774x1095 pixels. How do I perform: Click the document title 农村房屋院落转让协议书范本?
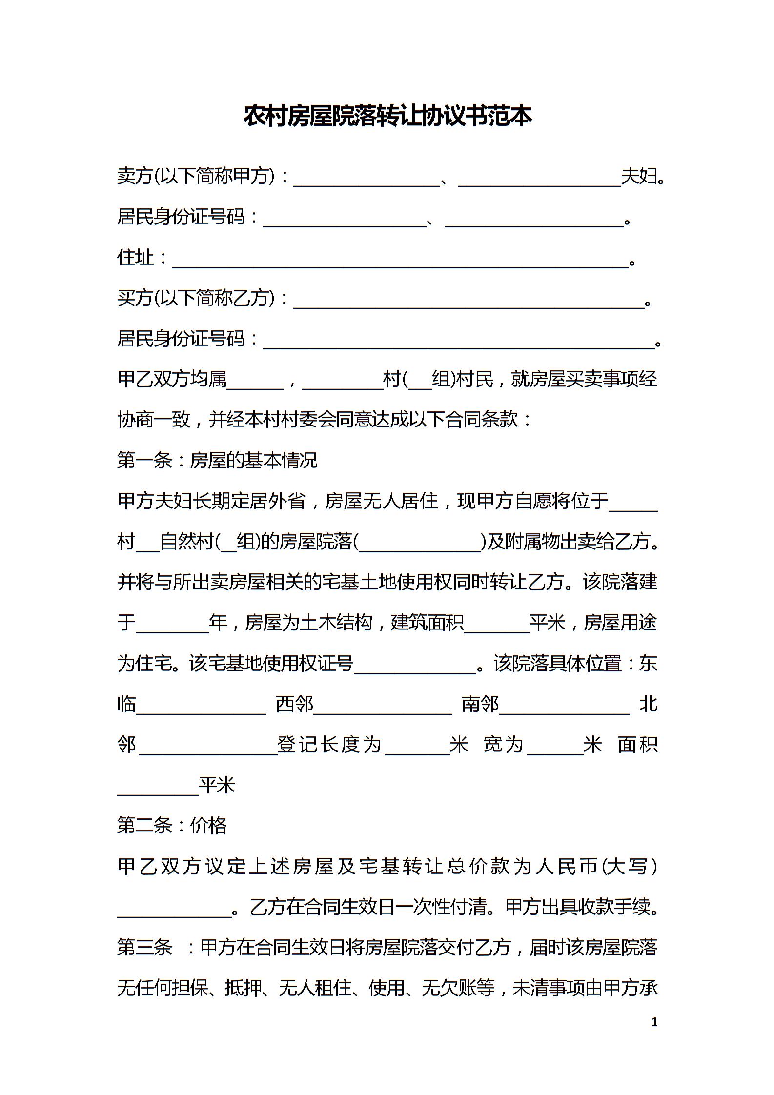tap(387, 116)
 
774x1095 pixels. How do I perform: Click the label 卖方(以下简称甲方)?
tap(196, 176)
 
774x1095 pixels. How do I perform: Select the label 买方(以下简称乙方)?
tap(196, 298)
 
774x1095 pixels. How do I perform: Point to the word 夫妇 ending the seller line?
tap(639, 176)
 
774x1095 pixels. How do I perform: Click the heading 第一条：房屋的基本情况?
tap(217, 460)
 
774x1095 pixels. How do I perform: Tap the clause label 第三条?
tap(145, 948)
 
